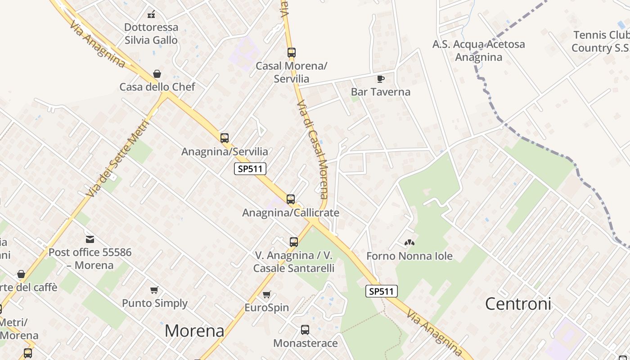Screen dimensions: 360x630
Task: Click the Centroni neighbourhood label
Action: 518,304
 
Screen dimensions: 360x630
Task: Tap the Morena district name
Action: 194,331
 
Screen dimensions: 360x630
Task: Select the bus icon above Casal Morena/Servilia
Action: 291,53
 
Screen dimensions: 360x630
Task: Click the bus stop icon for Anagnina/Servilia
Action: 224,138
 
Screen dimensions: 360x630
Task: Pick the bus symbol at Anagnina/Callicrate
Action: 291,199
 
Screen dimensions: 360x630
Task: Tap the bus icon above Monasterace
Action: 305,330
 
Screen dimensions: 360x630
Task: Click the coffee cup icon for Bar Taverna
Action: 381,79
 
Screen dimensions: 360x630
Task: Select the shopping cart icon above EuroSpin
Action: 266,295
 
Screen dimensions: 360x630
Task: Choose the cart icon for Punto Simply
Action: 154,290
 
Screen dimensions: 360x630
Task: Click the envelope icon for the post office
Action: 90,239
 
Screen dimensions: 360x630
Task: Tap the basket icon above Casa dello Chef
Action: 157,74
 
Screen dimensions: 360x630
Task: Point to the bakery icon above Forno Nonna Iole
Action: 409,243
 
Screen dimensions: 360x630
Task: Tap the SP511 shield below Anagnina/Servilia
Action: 250,169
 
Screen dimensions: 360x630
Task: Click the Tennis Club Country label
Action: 601,41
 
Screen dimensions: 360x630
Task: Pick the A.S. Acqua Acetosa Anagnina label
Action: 478,50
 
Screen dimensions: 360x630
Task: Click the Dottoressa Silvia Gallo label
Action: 151,34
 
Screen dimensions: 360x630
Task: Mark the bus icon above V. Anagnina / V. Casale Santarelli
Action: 294,242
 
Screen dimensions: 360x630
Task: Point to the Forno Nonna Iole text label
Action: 409,256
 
